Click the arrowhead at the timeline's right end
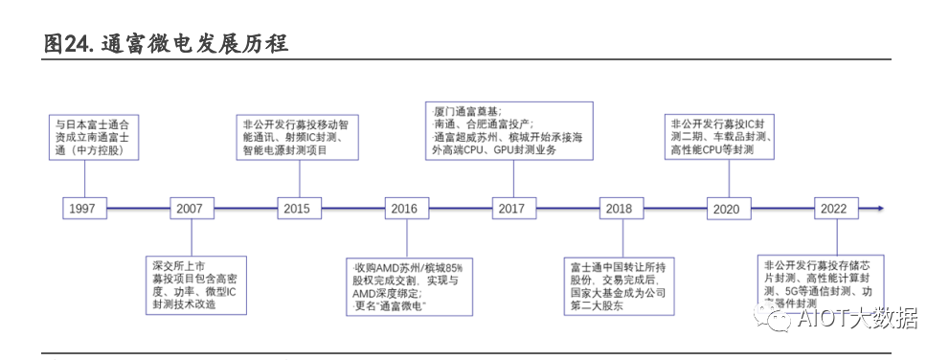(878, 208)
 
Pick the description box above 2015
(298, 137)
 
